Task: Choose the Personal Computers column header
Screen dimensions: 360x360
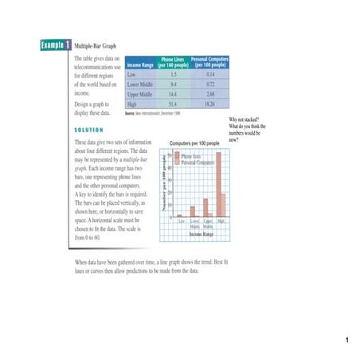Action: [210, 61]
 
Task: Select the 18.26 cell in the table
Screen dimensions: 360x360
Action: [210, 104]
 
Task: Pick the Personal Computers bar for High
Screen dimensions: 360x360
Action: [222, 205]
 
